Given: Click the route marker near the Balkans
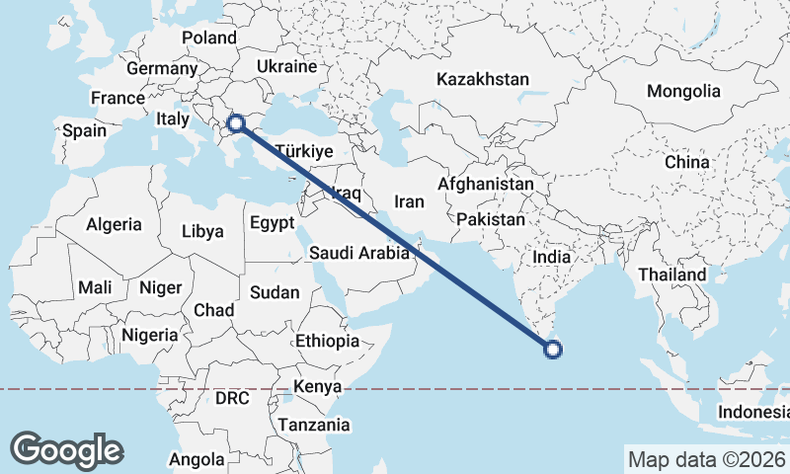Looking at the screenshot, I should [x=236, y=123].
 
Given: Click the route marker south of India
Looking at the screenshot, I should [x=553, y=348].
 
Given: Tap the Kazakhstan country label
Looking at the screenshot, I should [x=484, y=79].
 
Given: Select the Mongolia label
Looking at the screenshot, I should [x=683, y=91].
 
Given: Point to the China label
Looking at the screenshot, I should [x=686, y=162].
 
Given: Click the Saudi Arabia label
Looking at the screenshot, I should [x=358, y=253].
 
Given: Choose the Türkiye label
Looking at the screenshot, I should [x=303, y=152].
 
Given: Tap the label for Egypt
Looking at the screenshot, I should [x=272, y=222].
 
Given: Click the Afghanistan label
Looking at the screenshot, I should [x=485, y=185].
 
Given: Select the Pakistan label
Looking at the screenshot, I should [x=491, y=219].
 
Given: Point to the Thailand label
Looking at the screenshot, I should [x=671, y=275].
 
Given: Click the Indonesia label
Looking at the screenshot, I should [x=752, y=412].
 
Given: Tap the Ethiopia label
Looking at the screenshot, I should [x=327, y=341].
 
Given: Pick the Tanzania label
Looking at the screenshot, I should [x=314, y=425].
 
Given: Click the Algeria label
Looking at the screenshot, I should [x=114, y=224].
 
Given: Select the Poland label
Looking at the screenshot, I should [x=209, y=39].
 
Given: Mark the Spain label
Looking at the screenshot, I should [x=84, y=130].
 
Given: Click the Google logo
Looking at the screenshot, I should [x=66, y=450].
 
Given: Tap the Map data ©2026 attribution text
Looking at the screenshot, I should [x=705, y=459].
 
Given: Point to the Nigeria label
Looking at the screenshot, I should [x=150, y=335].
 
